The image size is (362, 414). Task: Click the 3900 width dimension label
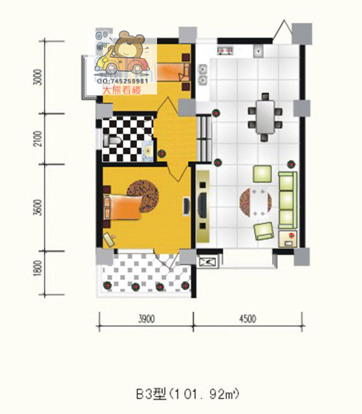(147, 319)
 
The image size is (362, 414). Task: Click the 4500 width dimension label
(248, 319)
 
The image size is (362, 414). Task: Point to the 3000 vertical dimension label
(38, 77)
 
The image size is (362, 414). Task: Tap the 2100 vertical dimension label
(38, 139)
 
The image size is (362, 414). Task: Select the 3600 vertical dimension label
(38, 208)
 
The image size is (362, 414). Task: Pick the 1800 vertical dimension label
(38, 268)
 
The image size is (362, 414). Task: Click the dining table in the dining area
(265, 117)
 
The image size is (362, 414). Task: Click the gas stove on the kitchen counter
(225, 50)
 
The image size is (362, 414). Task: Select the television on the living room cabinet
(202, 206)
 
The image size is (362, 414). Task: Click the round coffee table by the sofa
(256, 202)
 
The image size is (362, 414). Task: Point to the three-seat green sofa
(288, 200)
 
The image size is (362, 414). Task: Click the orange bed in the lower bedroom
(122, 207)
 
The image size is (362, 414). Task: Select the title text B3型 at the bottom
(151, 395)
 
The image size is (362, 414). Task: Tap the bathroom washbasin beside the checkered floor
(147, 151)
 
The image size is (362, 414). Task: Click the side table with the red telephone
(288, 239)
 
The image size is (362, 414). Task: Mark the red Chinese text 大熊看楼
(122, 91)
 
